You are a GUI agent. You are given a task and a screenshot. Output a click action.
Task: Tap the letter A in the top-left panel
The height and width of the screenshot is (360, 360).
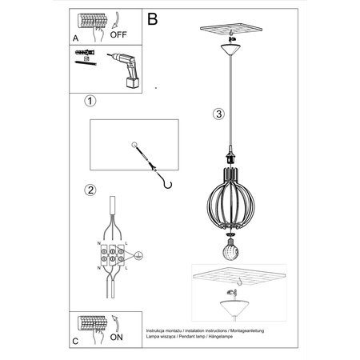75,37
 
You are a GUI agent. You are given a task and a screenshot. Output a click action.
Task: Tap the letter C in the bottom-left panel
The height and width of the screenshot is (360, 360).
75,339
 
